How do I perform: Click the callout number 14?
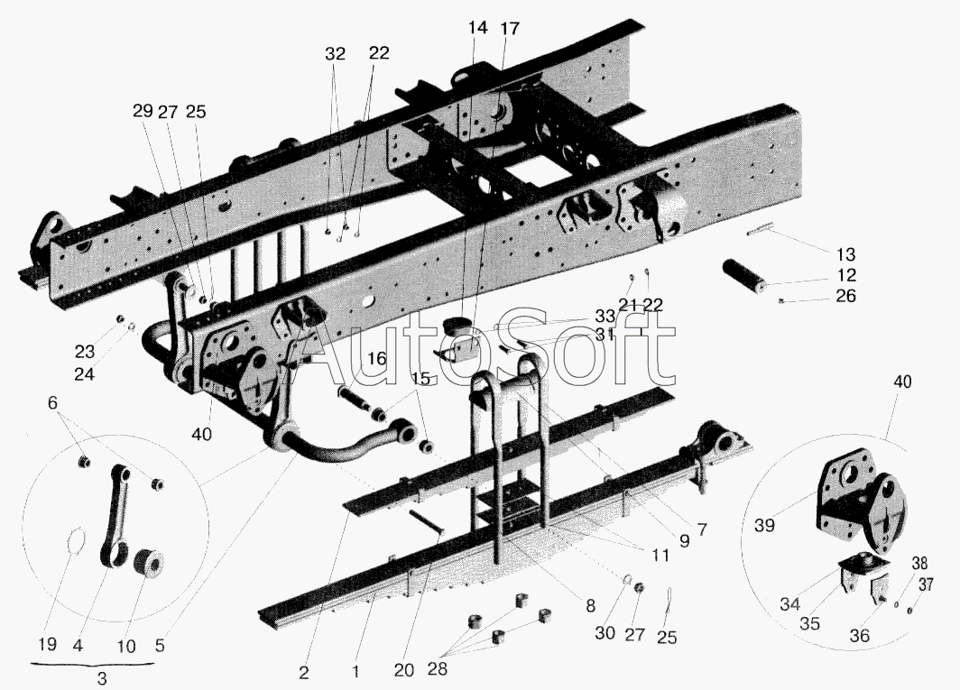(478, 28)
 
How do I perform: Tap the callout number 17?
(510, 28)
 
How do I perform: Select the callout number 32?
(335, 54)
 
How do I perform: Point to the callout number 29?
(143, 112)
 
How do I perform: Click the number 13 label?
(846, 254)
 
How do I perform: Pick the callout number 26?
(846, 296)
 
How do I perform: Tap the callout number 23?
(85, 352)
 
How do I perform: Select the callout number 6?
(52, 402)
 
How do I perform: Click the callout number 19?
(47, 644)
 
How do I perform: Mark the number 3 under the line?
(102, 677)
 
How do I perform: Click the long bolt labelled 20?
(426, 522)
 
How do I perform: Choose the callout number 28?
(437, 668)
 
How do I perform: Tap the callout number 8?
(590, 606)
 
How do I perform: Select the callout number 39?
(765, 525)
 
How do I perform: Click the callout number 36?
(860, 636)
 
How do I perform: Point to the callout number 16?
(377, 358)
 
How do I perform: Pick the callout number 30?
(605, 632)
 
